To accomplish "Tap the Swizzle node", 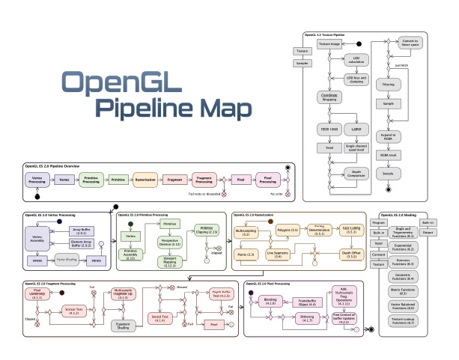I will click(409, 173).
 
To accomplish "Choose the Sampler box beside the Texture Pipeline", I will click(303, 64).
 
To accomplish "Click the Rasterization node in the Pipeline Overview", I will click(145, 181).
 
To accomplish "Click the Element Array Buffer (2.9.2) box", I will click(82, 243).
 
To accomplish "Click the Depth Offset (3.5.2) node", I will click(352, 254).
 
